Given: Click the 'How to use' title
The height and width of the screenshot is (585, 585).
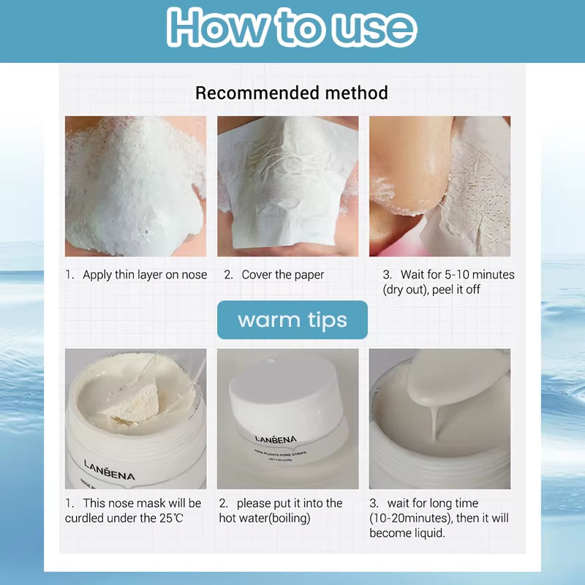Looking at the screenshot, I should point(292,29).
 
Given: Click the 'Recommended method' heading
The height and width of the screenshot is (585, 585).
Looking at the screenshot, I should point(292,93).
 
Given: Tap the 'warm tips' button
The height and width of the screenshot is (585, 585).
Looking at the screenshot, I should point(292,320).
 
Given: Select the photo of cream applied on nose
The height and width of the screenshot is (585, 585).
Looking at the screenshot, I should point(136,186).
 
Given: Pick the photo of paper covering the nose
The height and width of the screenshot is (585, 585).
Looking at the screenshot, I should point(287,186).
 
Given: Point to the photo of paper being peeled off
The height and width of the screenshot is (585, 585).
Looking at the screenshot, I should point(439,186).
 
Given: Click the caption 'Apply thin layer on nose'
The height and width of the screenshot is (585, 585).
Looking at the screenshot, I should point(145,275).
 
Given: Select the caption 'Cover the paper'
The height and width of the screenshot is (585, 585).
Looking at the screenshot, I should point(283,275).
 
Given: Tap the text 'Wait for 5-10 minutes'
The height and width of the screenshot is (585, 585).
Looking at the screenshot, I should point(458,275).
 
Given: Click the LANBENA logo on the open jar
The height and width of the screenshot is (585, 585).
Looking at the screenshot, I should point(109,470).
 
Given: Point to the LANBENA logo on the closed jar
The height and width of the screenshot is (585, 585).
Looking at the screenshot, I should point(276,439).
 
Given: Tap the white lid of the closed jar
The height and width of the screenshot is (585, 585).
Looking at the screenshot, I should point(287,396).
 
